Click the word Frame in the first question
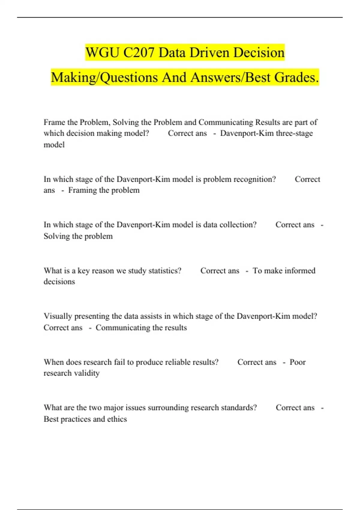(54, 122)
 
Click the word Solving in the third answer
(57, 236)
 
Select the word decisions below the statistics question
(59, 282)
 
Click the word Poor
(298, 362)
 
